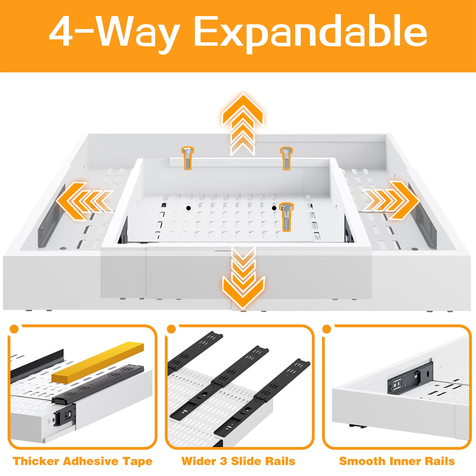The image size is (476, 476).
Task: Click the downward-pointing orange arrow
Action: (x=243, y=278)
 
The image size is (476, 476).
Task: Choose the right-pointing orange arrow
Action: (x=391, y=200)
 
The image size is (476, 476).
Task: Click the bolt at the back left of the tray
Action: (x=188, y=158)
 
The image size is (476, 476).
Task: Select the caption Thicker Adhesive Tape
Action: (x=83, y=461)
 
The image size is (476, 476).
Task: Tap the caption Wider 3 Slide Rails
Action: (x=238, y=461)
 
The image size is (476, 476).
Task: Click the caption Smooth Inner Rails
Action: (x=397, y=461)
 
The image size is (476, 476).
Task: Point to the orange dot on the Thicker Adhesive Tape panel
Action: (x=14, y=329)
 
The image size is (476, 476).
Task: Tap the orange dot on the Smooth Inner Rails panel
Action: (x=327, y=329)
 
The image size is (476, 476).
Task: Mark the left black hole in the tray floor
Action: (x=188, y=208)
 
